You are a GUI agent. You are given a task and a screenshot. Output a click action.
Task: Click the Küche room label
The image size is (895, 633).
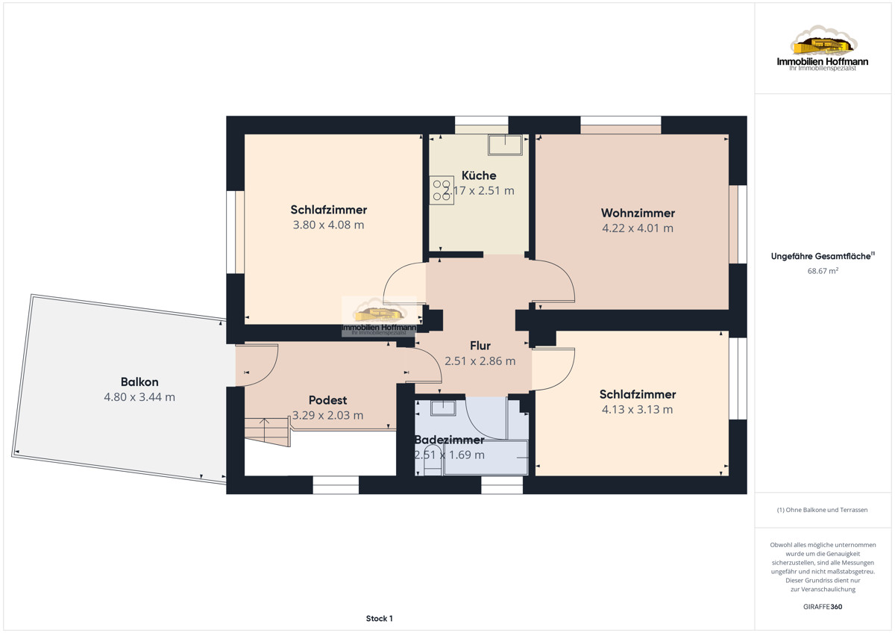479,175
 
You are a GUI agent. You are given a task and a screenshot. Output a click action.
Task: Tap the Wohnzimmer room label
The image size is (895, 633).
638,213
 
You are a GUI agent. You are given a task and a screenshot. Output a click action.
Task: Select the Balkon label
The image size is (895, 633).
139,382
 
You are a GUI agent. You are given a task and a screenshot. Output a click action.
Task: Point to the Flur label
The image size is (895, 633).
480,346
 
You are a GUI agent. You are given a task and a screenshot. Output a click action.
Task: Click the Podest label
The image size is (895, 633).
327,400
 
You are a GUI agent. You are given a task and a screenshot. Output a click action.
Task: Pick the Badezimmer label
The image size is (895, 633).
450,440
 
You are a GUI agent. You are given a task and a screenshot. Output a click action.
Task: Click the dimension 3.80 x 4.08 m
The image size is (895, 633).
328,225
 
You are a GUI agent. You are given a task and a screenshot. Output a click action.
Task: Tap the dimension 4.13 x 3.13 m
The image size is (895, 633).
637,410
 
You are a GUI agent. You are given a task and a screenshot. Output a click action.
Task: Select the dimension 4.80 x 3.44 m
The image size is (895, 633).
139,397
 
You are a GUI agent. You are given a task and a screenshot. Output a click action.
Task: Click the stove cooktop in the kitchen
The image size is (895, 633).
442,190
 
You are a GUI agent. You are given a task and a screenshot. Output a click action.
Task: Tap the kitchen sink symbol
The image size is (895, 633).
505,145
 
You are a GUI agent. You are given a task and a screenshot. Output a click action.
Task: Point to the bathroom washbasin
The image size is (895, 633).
443,408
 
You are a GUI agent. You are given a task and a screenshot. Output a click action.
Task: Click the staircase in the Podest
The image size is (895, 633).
267,431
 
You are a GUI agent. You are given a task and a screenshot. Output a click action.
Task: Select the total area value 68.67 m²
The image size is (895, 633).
823,271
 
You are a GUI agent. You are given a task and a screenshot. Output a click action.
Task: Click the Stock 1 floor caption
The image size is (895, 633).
379,619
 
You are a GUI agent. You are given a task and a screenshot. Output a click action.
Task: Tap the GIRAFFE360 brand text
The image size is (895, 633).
823,607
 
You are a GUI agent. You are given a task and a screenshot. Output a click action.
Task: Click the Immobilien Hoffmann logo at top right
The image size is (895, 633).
823,49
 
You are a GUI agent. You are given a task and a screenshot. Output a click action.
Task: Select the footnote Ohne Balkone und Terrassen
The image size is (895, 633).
822,510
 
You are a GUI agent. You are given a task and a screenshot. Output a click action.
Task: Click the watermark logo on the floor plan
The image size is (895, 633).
379,316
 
